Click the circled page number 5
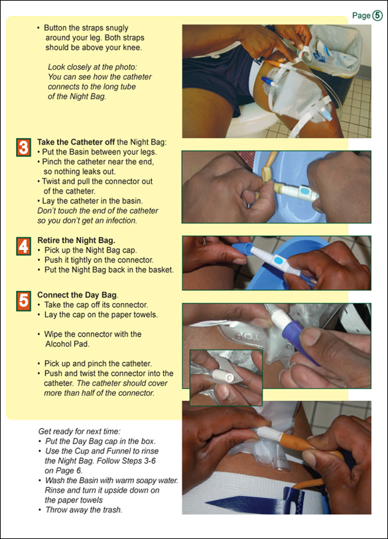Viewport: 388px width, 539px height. tap(377, 15)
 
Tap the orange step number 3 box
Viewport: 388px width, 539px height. tap(23, 147)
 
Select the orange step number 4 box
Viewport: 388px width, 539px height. tap(23, 246)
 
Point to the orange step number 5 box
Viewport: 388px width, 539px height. tap(23, 301)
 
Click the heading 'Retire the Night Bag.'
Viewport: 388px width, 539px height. tap(76, 240)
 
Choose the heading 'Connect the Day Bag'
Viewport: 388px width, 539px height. tap(78, 295)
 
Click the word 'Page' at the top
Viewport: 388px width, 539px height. tap(361, 16)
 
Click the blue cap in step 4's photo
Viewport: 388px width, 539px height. tap(243, 249)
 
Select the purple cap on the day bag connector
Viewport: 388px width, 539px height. tap(298, 341)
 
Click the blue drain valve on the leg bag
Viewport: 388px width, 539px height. tap(270, 82)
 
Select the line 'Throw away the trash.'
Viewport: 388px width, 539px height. tap(84, 509)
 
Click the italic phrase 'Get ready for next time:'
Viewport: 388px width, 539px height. tap(79, 431)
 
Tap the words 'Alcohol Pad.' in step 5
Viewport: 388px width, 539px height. tap(67, 343)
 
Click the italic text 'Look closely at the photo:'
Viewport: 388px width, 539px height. tap(92, 67)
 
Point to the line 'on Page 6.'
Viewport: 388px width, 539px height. tap(64, 471)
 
